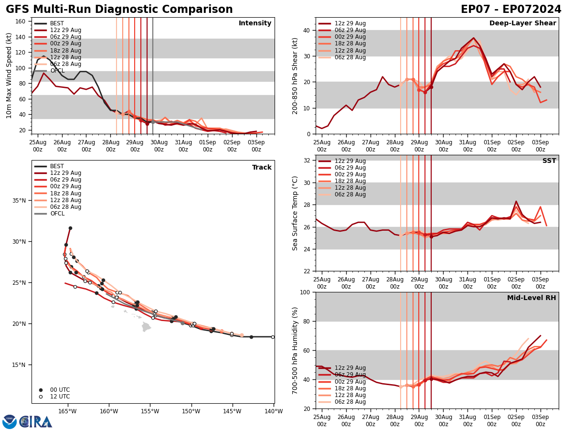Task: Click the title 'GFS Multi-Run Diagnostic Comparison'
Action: pos(119,10)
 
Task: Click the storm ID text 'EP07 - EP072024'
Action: pos(511,10)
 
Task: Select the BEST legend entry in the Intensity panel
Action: pos(56,23)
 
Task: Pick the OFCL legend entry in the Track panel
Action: pos(56,214)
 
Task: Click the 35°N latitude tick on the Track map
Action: pos(19,201)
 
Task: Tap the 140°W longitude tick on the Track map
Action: pos(273,411)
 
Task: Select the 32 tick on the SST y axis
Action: pos(308,161)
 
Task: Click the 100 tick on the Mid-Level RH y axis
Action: pos(306,292)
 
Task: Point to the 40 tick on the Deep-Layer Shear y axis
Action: pos(308,30)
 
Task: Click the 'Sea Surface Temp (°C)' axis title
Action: pos(295,213)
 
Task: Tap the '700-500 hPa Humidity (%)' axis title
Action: pos(295,350)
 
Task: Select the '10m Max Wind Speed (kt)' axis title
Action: pos(9,75)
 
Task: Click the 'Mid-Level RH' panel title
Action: pos(531,298)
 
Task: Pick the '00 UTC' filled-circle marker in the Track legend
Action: pos(41,390)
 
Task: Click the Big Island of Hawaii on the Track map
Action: pos(146,327)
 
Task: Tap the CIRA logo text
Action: pos(36,421)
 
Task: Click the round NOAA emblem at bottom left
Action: pos(9,421)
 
